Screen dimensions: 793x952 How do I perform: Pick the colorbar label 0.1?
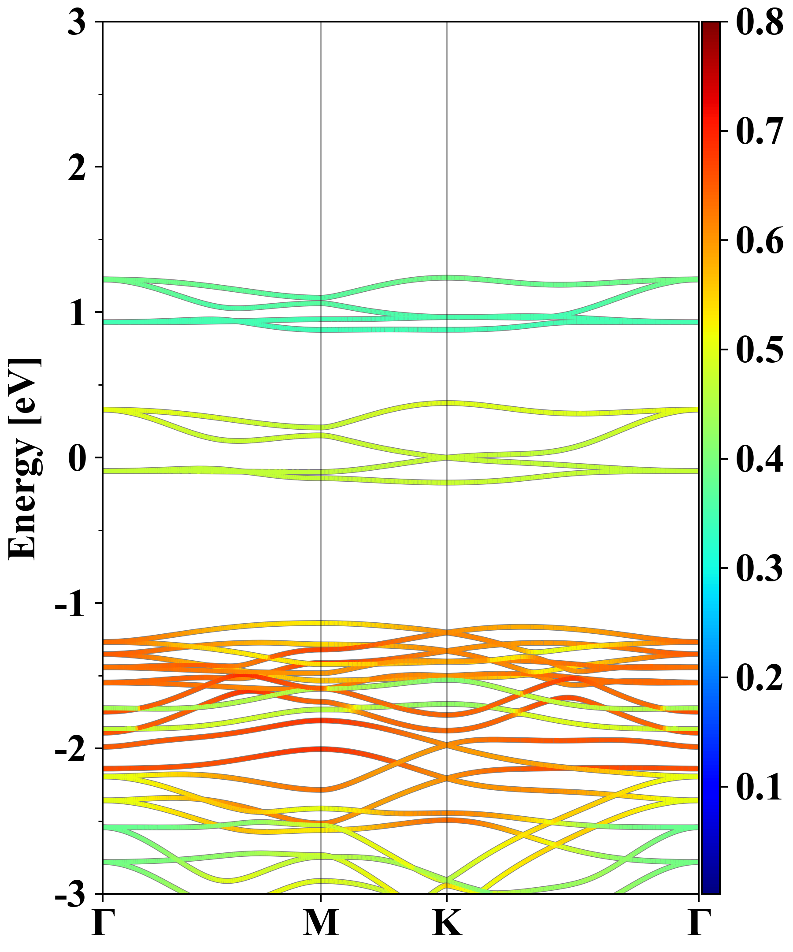[x=760, y=787]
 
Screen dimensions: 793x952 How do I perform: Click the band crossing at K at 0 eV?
[x=447, y=457]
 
